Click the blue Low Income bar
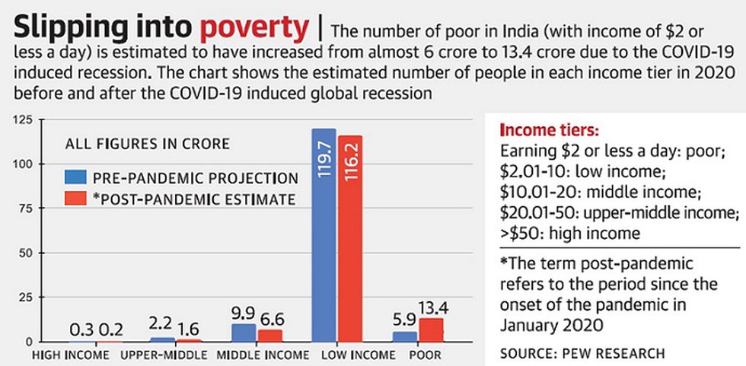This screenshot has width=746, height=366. (x=324, y=236)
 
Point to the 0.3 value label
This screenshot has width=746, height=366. (x=81, y=331)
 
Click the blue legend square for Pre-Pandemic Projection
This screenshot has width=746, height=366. (x=74, y=178)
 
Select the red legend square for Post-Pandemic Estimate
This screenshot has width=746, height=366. (x=74, y=199)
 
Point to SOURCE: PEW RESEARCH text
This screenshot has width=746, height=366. (x=582, y=353)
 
